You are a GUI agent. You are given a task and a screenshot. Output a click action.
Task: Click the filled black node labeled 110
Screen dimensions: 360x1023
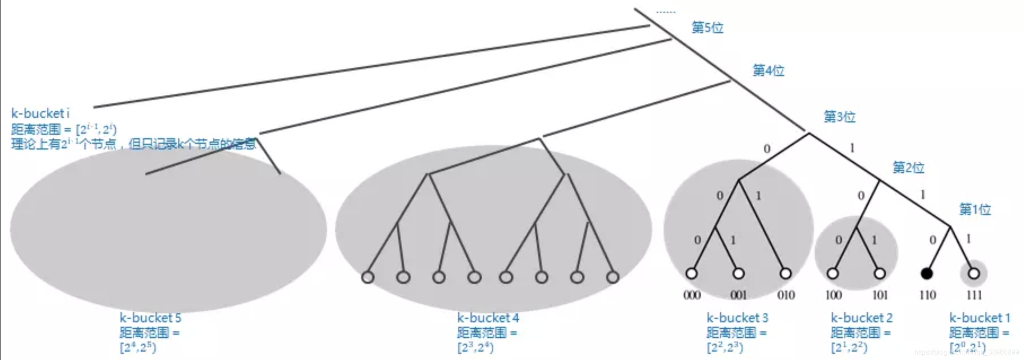click(x=927, y=273)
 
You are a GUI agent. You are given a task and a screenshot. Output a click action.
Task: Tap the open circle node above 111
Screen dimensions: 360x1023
click(x=974, y=273)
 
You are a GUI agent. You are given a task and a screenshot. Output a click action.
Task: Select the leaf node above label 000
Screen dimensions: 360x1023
click(x=691, y=273)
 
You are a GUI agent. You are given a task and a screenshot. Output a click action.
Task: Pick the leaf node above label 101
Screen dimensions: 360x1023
click(x=880, y=273)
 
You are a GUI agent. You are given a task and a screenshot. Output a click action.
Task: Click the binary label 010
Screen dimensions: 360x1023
click(x=786, y=295)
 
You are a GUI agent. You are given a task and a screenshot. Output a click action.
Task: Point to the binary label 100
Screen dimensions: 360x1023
click(x=833, y=295)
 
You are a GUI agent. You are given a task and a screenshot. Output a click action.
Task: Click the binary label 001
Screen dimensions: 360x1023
click(x=739, y=295)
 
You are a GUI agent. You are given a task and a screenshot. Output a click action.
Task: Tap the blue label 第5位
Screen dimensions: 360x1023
click(x=707, y=27)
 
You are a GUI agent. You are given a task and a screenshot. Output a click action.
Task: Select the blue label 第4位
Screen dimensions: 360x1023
click(x=768, y=70)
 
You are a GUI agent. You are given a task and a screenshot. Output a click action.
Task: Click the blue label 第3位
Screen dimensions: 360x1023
click(x=839, y=116)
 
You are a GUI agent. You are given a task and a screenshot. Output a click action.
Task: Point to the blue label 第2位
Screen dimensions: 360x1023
click(x=908, y=167)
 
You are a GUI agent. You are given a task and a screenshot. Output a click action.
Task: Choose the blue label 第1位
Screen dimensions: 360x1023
click(x=975, y=209)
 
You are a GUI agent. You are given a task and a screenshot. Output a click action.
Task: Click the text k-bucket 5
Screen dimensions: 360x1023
click(x=150, y=318)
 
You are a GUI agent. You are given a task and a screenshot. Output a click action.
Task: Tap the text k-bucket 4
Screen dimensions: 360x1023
click(x=488, y=318)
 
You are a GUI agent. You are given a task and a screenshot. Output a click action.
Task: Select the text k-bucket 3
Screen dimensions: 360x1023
click(x=737, y=318)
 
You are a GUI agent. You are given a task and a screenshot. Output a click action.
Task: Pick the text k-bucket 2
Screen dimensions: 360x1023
click(x=862, y=318)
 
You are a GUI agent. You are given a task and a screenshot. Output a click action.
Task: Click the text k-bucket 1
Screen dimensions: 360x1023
click(x=980, y=318)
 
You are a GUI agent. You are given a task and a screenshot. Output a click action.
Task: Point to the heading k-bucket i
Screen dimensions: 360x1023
click(x=40, y=113)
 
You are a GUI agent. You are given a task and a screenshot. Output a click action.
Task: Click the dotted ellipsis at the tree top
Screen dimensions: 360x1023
click(x=666, y=12)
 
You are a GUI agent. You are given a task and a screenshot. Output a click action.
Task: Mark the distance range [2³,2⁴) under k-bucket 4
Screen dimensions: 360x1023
click(x=475, y=347)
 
